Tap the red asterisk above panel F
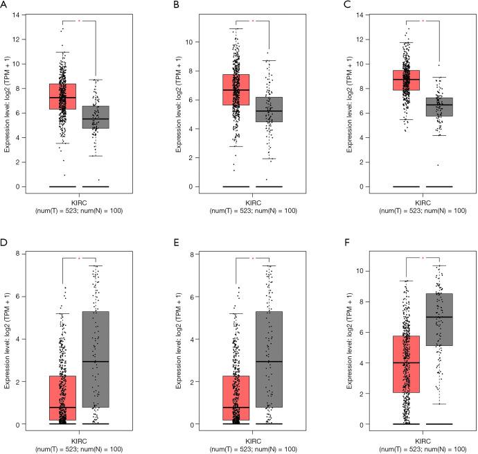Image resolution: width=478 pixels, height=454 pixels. click(423, 258)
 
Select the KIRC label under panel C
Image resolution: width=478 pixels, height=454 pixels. click(423, 203)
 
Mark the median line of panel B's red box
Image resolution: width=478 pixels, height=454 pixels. click(236, 90)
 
